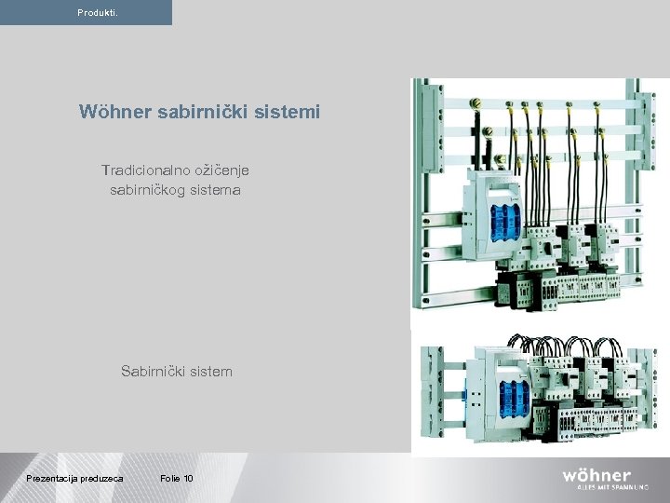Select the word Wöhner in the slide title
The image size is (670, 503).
point(114,113)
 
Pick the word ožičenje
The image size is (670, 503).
point(221,170)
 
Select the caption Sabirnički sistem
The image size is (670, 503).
point(176,372)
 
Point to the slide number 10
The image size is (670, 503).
point(189,479)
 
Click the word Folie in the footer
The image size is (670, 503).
point(170,479)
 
